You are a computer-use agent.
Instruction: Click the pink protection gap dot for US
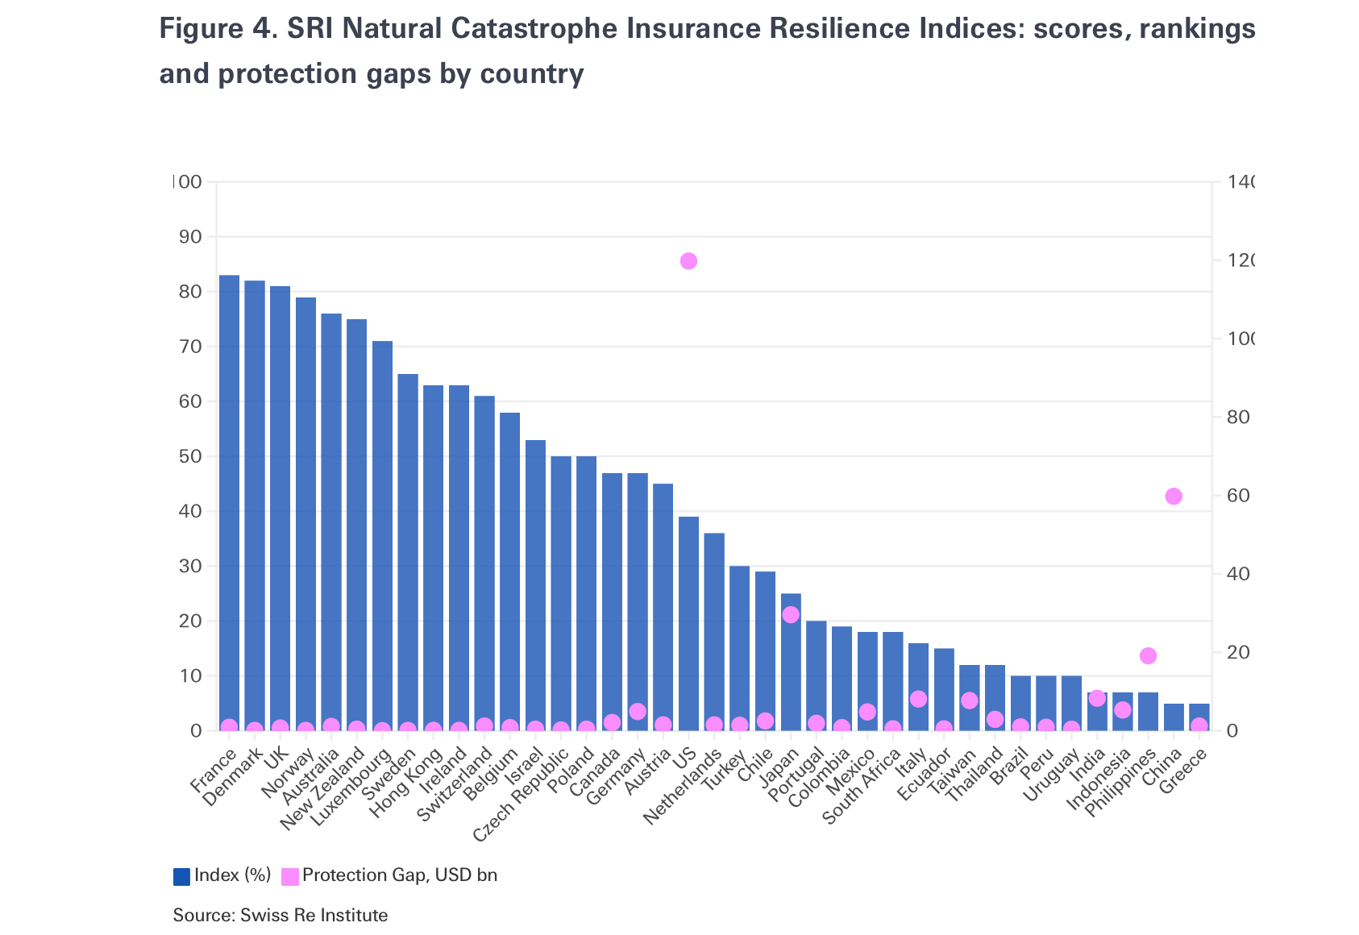[688, 261]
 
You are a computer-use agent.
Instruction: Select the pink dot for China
[1174, 497]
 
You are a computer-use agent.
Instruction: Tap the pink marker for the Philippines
[1149, 656]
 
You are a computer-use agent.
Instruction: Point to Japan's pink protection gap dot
[791, 615]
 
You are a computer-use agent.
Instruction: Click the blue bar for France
[229, 500]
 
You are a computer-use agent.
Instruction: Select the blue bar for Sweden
[408, 548]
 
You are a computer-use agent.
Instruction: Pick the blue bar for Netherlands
[714, 629]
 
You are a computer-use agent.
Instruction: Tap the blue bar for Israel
[535, 580]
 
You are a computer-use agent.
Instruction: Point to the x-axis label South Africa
[861, 787]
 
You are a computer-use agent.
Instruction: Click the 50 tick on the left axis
[190, 456]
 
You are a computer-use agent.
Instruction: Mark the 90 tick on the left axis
[190, 237]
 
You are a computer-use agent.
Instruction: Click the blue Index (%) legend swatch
[181, 876]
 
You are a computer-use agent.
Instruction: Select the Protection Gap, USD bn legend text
[399, 875]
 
